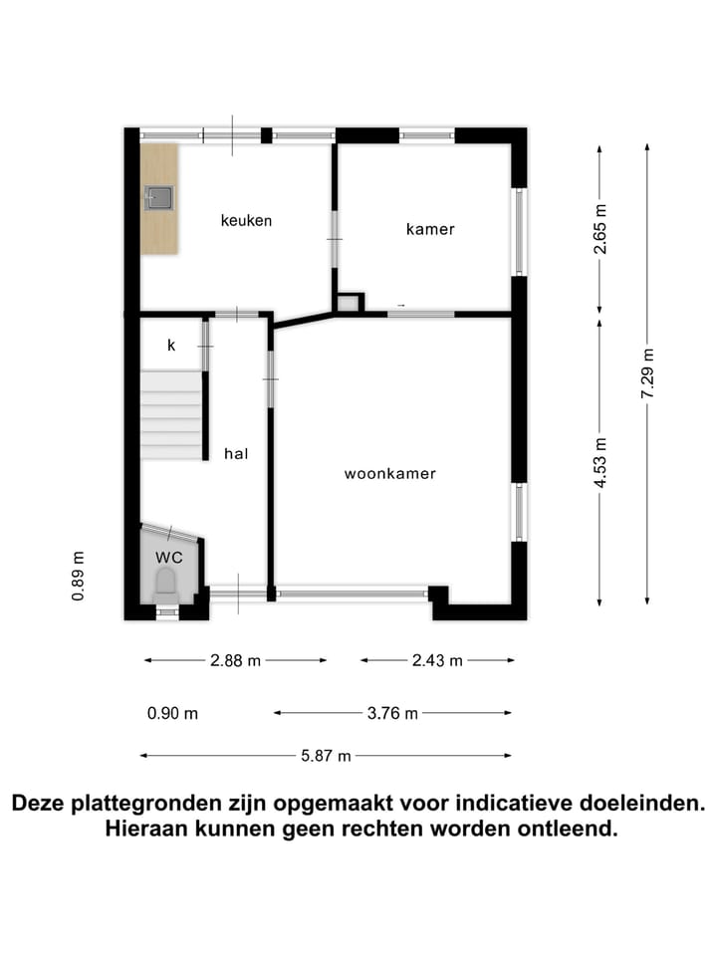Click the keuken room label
click(x=246, y=220)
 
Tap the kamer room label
click(x=430, y=229)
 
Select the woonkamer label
click(x=390, y=474)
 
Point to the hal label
click(x=236, y=453)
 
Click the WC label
click(x=169, y=557)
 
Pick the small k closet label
click(x=171, y=346)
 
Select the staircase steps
click(x=171, y=415)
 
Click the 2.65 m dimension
click(x=599, y=229)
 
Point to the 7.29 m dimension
click(x=647, y=374)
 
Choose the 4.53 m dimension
click(x=599, y=463)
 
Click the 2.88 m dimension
click(x=235, y=660)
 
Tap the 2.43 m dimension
click(x=437, y=660)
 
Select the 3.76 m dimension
click(x=392, y=713)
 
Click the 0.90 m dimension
click(x=172, y=713)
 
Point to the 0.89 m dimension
click(x=78, y=577)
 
